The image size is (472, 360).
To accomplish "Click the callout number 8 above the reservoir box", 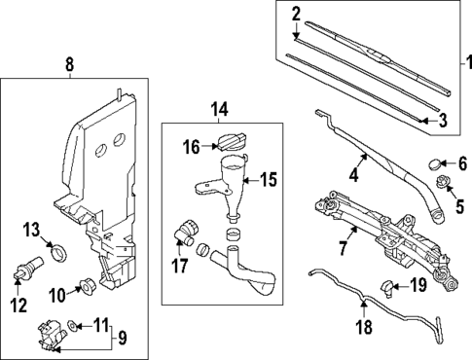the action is pyautogui.click(x=70, y=64).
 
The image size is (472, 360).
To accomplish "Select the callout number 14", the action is pyautogui.click(x=220, y=109).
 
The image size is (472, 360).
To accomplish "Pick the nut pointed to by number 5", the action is pyautogui.click(x=442, y=182).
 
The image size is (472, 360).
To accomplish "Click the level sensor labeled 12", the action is pyautogui.click(x=28, y=267).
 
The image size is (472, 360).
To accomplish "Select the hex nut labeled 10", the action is pyautogui.click(x=87, y=285).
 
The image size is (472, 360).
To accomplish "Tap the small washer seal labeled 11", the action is pyautogui.click(x=72, y=325).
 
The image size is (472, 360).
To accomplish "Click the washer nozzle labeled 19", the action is pyautogui.click(x=387, y=287).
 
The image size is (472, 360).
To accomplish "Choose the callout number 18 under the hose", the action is pyautogui.click(x=365, y=326).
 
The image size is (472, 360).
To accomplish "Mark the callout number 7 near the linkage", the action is pyautogui.click(x=344, y=247).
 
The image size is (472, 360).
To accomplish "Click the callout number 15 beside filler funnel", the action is pyautogui.click(x=269, y=180).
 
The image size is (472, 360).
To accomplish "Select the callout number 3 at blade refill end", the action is pyautogui.click(x=443, y=121).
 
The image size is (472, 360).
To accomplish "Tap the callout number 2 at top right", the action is pyautogui.click(x=296, y=15).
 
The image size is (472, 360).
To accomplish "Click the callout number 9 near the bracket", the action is pyautogui.click(x=122, y=339).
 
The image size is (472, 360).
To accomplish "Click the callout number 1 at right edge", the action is pyautogui.click(x=468, y=63).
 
